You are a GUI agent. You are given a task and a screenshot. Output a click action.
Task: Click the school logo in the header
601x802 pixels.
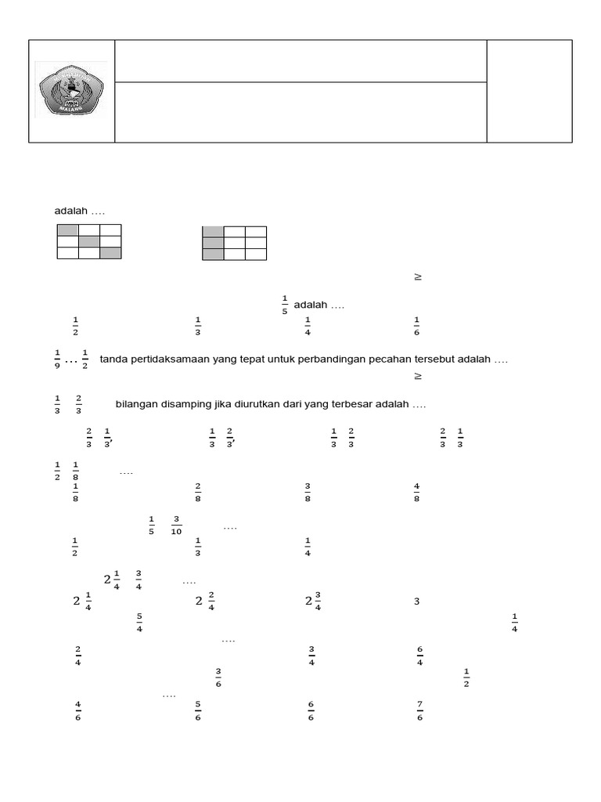pos(71,91)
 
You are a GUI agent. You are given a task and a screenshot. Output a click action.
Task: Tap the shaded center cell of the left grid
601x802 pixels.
pos(88,241)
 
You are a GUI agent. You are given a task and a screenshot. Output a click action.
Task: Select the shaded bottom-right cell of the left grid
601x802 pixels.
pos(110,252)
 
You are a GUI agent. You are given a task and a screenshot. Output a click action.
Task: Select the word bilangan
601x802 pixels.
pos(139,404)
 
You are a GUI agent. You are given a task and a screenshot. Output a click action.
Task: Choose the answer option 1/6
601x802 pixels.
pos(416,325)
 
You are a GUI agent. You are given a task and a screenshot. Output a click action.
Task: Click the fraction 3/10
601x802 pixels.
pos(176,526)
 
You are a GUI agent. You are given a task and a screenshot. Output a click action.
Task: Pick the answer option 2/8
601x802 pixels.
pos(198,492)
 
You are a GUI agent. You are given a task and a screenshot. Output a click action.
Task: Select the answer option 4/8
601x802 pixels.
pos(416,492)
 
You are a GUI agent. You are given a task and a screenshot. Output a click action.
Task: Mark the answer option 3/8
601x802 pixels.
pos(308,492)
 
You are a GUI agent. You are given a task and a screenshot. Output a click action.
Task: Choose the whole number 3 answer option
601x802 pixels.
pos(416,601)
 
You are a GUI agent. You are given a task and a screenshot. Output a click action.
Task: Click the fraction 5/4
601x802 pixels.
pos(139,623)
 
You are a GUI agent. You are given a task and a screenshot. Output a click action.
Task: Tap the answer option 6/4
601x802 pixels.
pos(419,656)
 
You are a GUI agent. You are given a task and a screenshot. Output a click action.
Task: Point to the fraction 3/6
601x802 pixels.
pos(218,677)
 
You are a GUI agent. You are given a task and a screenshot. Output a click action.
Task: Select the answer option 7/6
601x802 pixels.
pos(419,711)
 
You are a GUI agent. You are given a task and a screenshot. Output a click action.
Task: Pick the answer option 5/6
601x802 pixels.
pos(198,711)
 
